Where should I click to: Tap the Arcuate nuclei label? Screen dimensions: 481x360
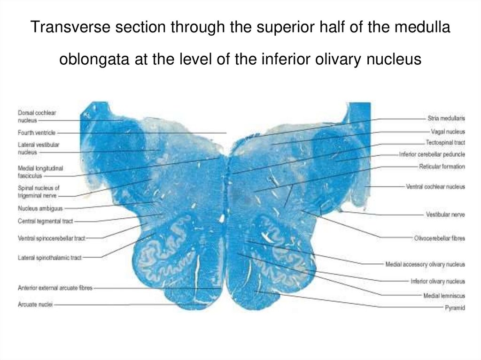tap(35, 305)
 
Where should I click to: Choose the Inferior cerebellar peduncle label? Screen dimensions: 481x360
tap(432, 154)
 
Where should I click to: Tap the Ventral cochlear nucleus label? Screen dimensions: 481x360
tap(435, 187)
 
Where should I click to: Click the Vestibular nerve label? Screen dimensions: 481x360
tap(445, 214)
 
